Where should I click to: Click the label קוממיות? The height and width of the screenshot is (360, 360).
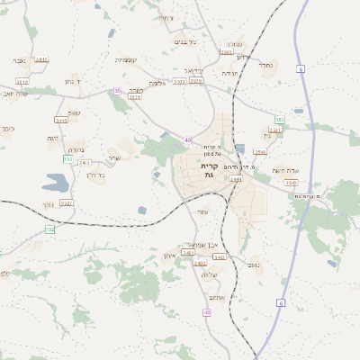coord(126,59)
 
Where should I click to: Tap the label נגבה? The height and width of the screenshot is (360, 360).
coord(20,59)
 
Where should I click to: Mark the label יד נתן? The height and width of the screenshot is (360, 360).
coord(74,82)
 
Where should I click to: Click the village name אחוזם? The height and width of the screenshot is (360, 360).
coord(217,298)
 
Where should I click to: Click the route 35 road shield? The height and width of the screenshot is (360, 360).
coord(118,90)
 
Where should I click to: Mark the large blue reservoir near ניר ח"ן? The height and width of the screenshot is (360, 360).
coord(56,184)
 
